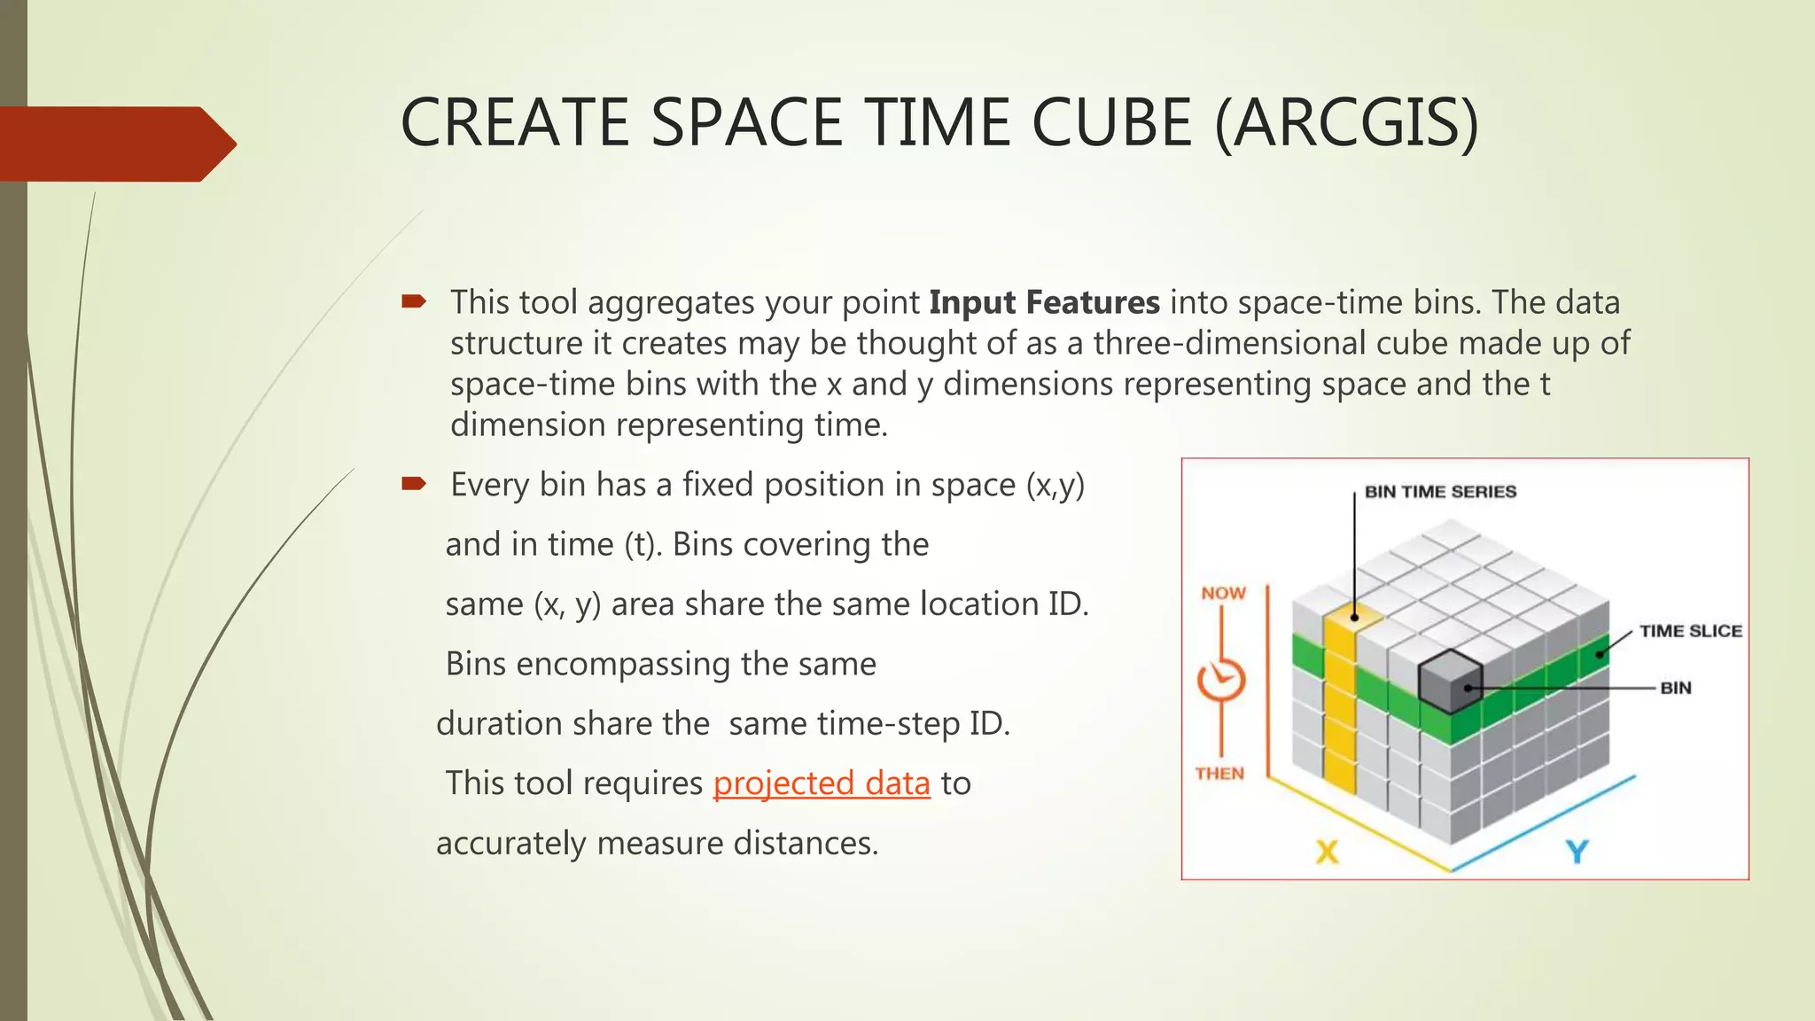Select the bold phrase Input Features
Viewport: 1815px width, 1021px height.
[1044, 303]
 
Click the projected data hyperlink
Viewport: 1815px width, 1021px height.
[822, 783]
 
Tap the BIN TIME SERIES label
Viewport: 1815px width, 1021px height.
[1440, 492]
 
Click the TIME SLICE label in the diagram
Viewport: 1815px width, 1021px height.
[1690, 631]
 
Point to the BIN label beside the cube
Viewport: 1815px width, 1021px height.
[1675, 688]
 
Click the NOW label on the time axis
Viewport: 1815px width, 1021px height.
[1223, 593]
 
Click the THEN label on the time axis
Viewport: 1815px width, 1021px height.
[1219, 774]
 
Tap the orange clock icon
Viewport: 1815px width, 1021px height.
[1221, 681]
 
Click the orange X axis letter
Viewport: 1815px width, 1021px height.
[1327, 852]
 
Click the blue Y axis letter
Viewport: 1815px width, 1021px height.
[1577, 852]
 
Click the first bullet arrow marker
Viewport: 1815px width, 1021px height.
[414, 302]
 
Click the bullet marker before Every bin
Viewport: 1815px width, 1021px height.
[414, 484]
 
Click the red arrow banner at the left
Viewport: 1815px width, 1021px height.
[115, 144]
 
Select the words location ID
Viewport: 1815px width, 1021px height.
[1003, 604]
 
